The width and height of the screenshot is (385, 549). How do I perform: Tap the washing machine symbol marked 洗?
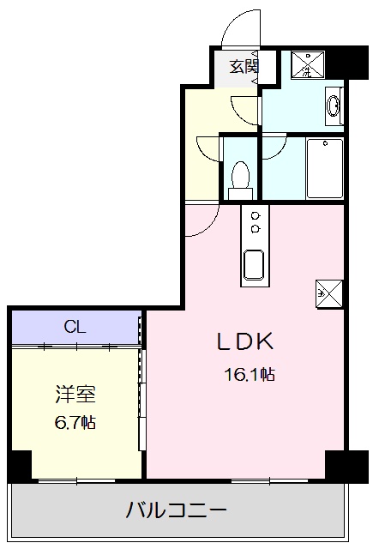[x=306, y=65]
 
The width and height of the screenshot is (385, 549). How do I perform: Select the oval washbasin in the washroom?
[x=334, y=107]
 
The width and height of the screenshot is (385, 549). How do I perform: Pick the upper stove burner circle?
[x=255, y=215]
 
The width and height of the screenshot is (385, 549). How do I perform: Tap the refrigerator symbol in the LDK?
[x=329, y=293]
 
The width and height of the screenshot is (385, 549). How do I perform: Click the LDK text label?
[x=244, y=342]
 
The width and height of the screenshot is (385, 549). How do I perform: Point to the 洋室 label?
[x=75, y=395]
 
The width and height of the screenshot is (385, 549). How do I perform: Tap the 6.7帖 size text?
[x=75, y=422]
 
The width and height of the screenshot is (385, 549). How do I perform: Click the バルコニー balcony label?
[x=177, y=512]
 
